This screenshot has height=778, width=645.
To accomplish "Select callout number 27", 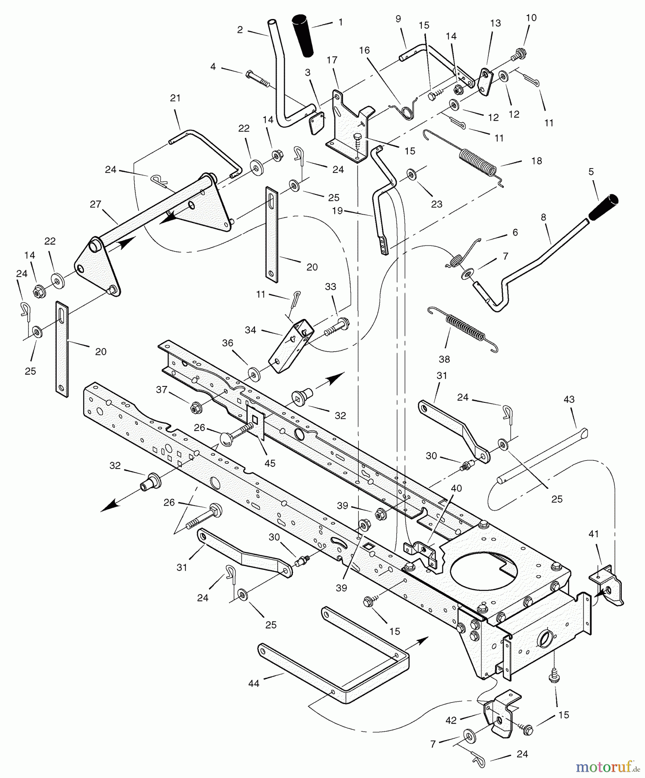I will point(95,204).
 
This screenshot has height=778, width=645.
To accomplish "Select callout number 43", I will point(569,399).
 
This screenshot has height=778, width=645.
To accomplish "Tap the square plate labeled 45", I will point(255,421).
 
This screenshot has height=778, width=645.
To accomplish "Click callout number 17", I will point(332,60).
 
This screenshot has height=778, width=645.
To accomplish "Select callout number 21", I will point(175,98).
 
